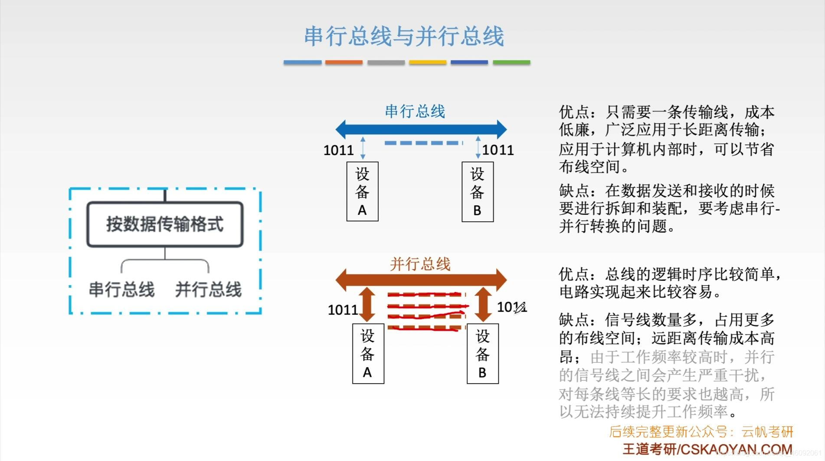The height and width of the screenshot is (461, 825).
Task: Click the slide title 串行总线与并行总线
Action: (x=404, y=36)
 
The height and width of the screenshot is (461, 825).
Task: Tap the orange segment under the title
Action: (x=344, y=63)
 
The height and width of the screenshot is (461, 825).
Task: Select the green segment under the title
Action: (x=511, y=63)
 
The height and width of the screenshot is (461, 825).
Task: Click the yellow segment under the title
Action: (x=427, y=63)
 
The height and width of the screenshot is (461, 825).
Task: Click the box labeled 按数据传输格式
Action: (x=165, y=224)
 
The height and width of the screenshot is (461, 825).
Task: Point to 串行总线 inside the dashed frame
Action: (x=122, y=290)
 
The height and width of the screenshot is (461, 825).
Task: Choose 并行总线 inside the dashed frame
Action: (x=208, y=290)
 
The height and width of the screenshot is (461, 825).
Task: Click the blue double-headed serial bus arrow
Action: (x=421, y=129)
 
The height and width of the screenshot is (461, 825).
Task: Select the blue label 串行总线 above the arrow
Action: (x=415, y=111)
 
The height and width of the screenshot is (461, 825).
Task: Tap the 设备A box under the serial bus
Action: (x=362, y=191)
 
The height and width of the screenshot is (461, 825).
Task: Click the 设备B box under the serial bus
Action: (x=477, y=191)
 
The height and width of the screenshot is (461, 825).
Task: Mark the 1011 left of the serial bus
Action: (x=338, y=150)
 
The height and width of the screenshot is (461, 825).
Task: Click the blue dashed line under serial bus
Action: (x=423, y=143)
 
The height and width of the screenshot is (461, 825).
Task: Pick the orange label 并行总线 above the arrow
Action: (x=420, y=264)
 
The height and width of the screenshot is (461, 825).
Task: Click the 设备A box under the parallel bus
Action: (x=368, y=353)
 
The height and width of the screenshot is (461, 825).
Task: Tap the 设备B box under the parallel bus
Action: (x=482, y=353)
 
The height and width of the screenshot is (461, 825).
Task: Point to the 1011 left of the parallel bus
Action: (x=343, y=310)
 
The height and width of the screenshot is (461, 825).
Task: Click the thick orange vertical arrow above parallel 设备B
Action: (x=483, y=304)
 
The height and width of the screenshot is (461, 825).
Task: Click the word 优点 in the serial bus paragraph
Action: (x=574, y=112)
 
